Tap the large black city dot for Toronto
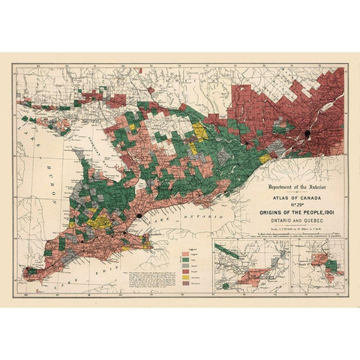click(139, 216)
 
